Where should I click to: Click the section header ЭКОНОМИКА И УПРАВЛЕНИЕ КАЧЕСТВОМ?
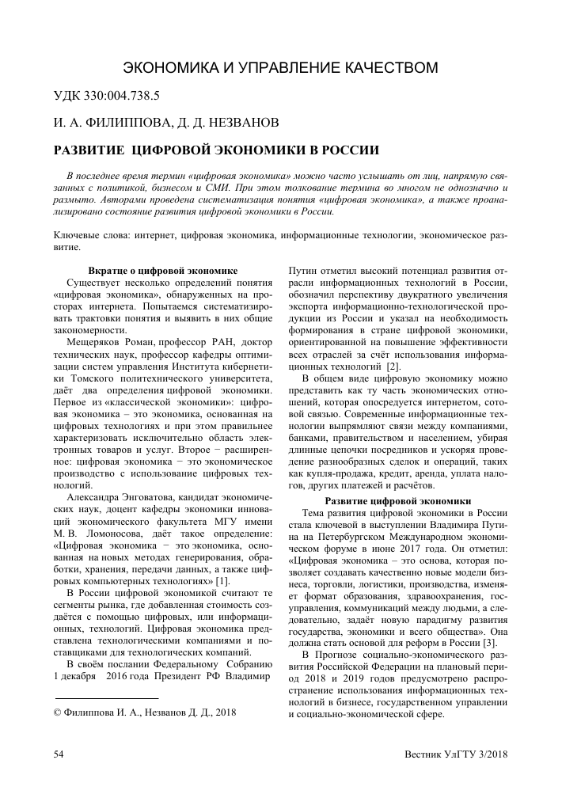click(x=282, y=67)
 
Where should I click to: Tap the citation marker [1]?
click(x=211, y=582)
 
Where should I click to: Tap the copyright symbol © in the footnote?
click(x=57, y=712)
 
